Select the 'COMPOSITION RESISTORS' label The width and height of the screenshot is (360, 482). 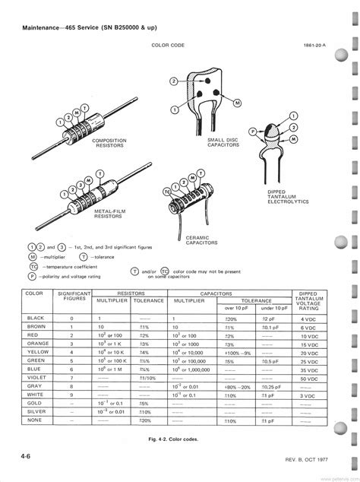(x=109, y=144)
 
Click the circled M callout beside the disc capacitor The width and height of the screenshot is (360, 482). (x=237, y=103)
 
